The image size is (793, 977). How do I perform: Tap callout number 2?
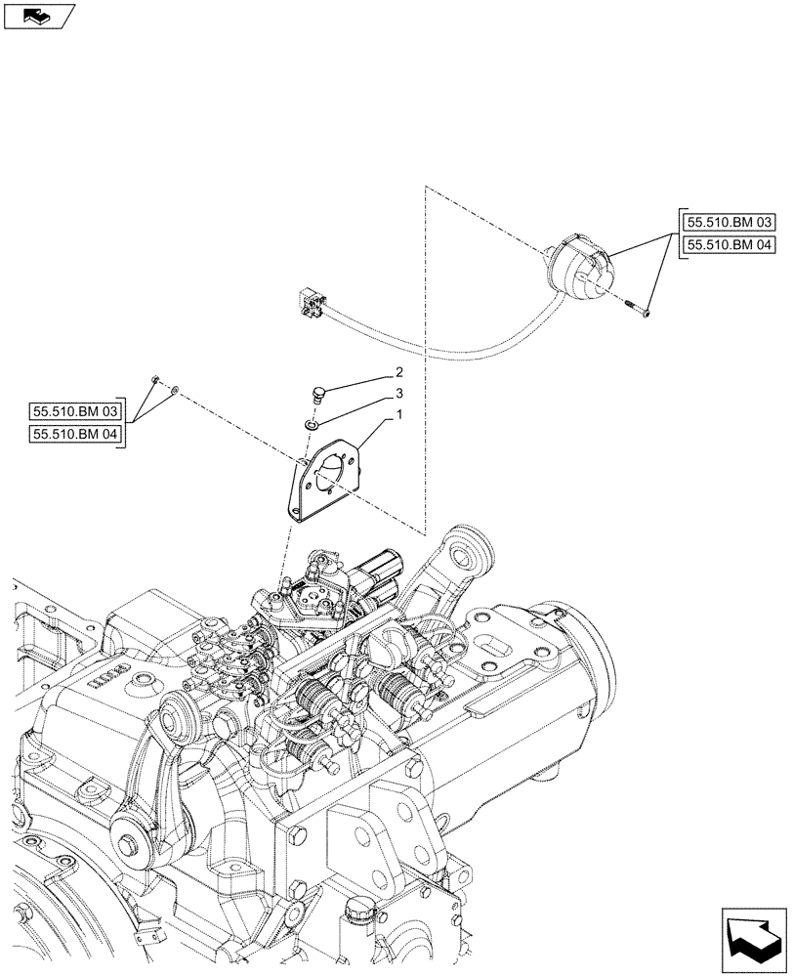pos(398,372)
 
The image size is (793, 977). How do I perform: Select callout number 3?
pos(398,394)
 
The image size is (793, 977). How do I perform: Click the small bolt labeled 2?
pos(315,394)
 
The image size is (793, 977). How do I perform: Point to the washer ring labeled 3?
pos(310,424)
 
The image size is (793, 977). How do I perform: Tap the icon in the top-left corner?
pos(39,16)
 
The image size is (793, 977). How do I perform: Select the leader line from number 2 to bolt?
pos(357,382)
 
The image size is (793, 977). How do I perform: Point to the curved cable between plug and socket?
pos(449,347)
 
